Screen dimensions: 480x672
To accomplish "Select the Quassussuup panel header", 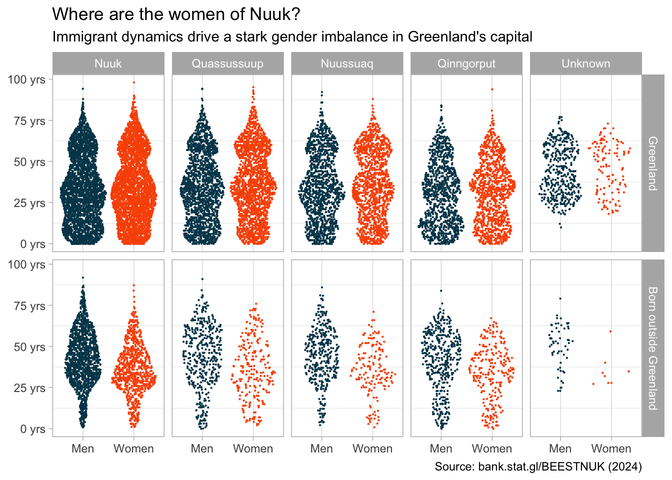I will pyautogui.click(x=227, y=63).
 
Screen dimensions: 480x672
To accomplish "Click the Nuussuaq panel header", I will pyautogui.click(x=347, y=63).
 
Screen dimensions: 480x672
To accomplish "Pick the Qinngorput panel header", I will pyautogui.click(x=466, y=63).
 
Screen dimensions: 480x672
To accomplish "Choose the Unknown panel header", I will pyautogui.click(x=586, y=63).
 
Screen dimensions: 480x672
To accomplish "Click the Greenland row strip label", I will pyautogui.click(x=652, y=163).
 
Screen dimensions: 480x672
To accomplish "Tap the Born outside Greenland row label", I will pyautogui.click(x=652, y=348).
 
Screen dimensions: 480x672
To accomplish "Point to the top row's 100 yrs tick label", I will pyautogui.click(x=26, y=79).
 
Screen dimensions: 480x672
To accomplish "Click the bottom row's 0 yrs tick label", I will pyautogui.click(x=32, y=429).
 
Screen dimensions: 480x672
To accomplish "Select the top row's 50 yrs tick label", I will pyautogui.click(x=29, y=162).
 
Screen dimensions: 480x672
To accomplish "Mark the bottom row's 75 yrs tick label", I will pyautogui.click(x=29, y=306).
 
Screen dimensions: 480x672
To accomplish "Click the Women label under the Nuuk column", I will pyautogui.click(x=133, y=448).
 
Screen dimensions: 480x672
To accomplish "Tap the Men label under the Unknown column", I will pyautogui.click(x=560, y=448).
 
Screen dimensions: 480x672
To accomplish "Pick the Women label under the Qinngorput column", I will pyautogui.click(x=492, y=448).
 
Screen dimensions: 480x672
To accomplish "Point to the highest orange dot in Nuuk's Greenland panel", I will pyautogui.click(x=133, y=82).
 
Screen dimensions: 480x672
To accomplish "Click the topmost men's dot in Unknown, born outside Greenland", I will pyautogui.click(x=560, y=298).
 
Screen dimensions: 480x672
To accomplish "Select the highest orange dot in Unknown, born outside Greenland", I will pyautogui.click(x=610, y=331).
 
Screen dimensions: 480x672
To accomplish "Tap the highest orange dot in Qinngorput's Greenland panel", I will pyautogui.click(x=492, y=89).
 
